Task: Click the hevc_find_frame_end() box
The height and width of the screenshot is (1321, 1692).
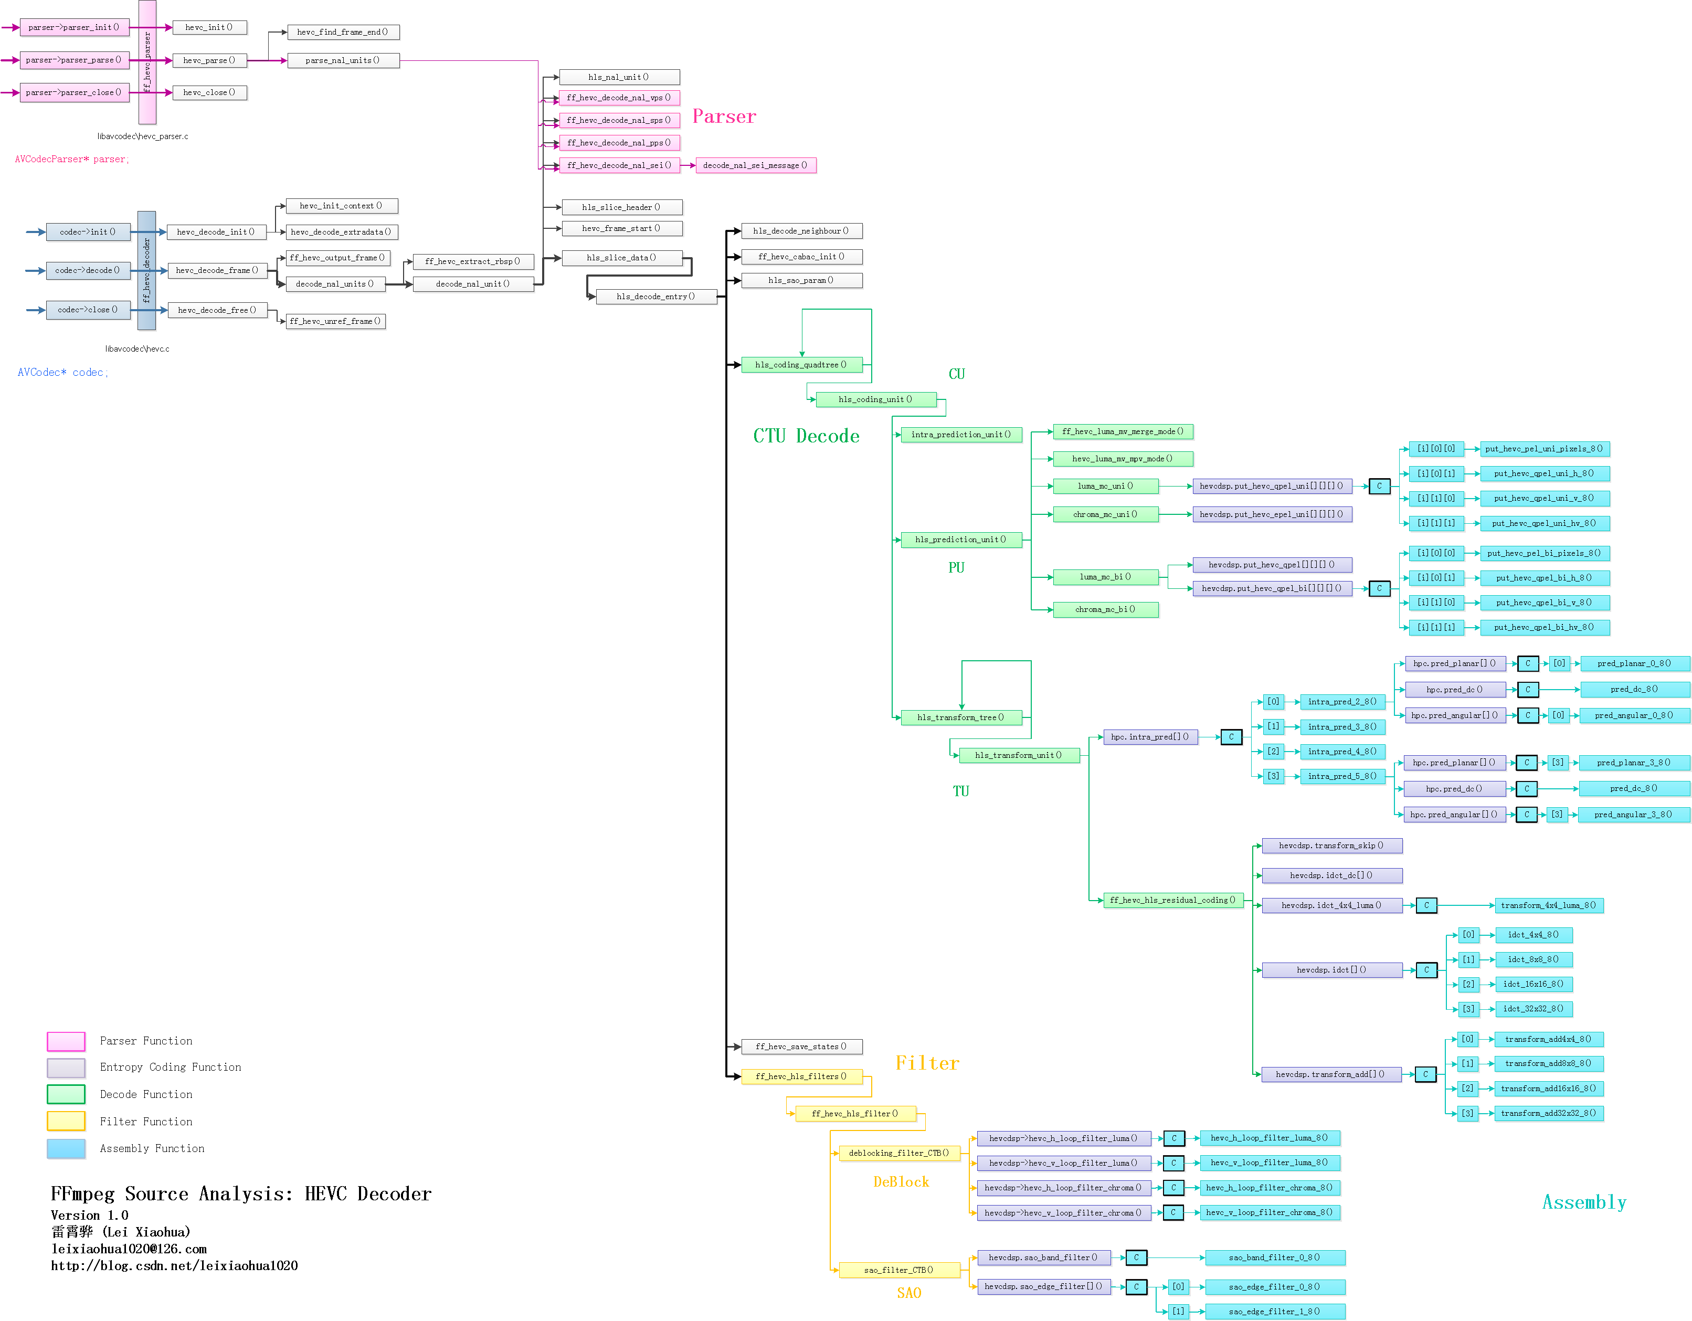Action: coord(342,32)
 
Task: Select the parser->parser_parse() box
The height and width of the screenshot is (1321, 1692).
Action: coord(73,60)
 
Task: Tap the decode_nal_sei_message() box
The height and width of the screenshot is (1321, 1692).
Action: coord(755,165)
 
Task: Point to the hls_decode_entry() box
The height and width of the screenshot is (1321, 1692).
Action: coord(655,297)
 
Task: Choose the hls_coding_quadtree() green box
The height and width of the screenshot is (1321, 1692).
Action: coord(801,365)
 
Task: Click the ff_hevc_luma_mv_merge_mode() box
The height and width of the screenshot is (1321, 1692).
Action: coord(1122,431)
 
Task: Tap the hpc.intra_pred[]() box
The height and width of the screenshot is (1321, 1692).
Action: coord(1150,737)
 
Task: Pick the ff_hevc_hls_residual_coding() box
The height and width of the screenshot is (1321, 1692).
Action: coord(1172,900)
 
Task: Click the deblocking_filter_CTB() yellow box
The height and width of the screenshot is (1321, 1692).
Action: coord(898,1153)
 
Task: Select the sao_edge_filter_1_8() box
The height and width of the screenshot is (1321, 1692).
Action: coord(1274,1312)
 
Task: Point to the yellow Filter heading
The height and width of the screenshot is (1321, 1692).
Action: coord(927,1063)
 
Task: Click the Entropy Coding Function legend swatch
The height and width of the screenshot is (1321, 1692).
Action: coord(66,1068)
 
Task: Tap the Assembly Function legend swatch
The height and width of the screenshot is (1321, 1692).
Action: coord(66,1149)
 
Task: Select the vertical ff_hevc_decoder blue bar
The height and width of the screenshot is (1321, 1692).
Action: coord(146,270)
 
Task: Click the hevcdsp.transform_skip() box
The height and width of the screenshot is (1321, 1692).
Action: coord(1331,846)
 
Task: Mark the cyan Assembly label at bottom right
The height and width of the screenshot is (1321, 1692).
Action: coord(1583,1202)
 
